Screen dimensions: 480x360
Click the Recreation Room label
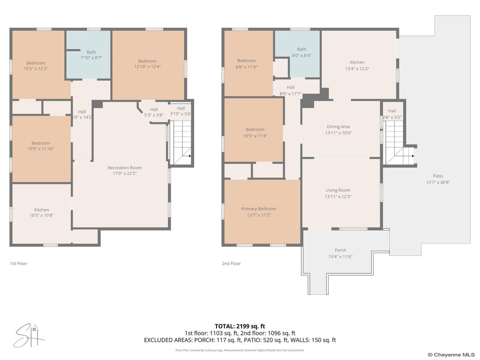pos(125,168)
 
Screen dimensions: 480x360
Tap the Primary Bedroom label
pos(259,209)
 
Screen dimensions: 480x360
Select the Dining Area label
pos(338,127)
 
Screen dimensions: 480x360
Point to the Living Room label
pos(338,190)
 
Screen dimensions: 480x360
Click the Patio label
pos(438,176)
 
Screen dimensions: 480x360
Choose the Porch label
pos(340,250)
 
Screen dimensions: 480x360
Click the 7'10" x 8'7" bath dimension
pos(91,58)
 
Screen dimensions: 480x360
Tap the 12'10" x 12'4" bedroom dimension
pos(148,67)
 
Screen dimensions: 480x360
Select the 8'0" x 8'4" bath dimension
pos(301,55)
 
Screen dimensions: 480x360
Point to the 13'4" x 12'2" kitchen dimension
pos(357,68)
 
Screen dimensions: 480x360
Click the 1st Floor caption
pos(19,263)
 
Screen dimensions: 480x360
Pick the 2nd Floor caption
pos(232,263)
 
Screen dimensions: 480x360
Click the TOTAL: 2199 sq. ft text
pos(240,326)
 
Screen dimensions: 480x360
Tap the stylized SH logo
pos(30,336)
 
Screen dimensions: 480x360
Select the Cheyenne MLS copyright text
pos(451,355)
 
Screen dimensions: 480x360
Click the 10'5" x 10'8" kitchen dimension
pos(42,215)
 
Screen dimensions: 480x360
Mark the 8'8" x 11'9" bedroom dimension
pos(247,67)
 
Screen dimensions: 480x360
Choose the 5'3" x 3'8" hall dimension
pos(154,115)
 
